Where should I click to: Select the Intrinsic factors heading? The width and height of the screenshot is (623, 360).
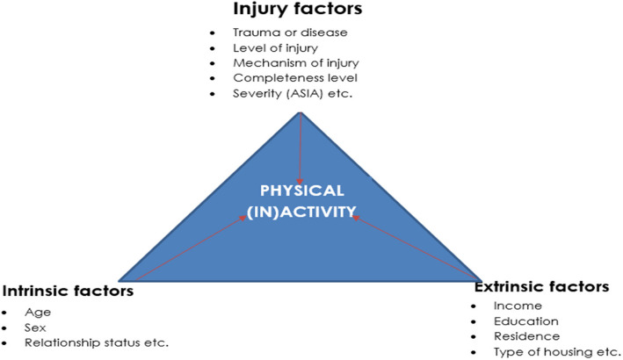pyautogui.click(x=69, y=291)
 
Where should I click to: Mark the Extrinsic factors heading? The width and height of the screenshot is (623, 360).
pyautogui.click(x=541, y=286)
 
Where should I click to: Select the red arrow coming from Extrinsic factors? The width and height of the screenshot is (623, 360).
pyautogui.click(x=413, y=246)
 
